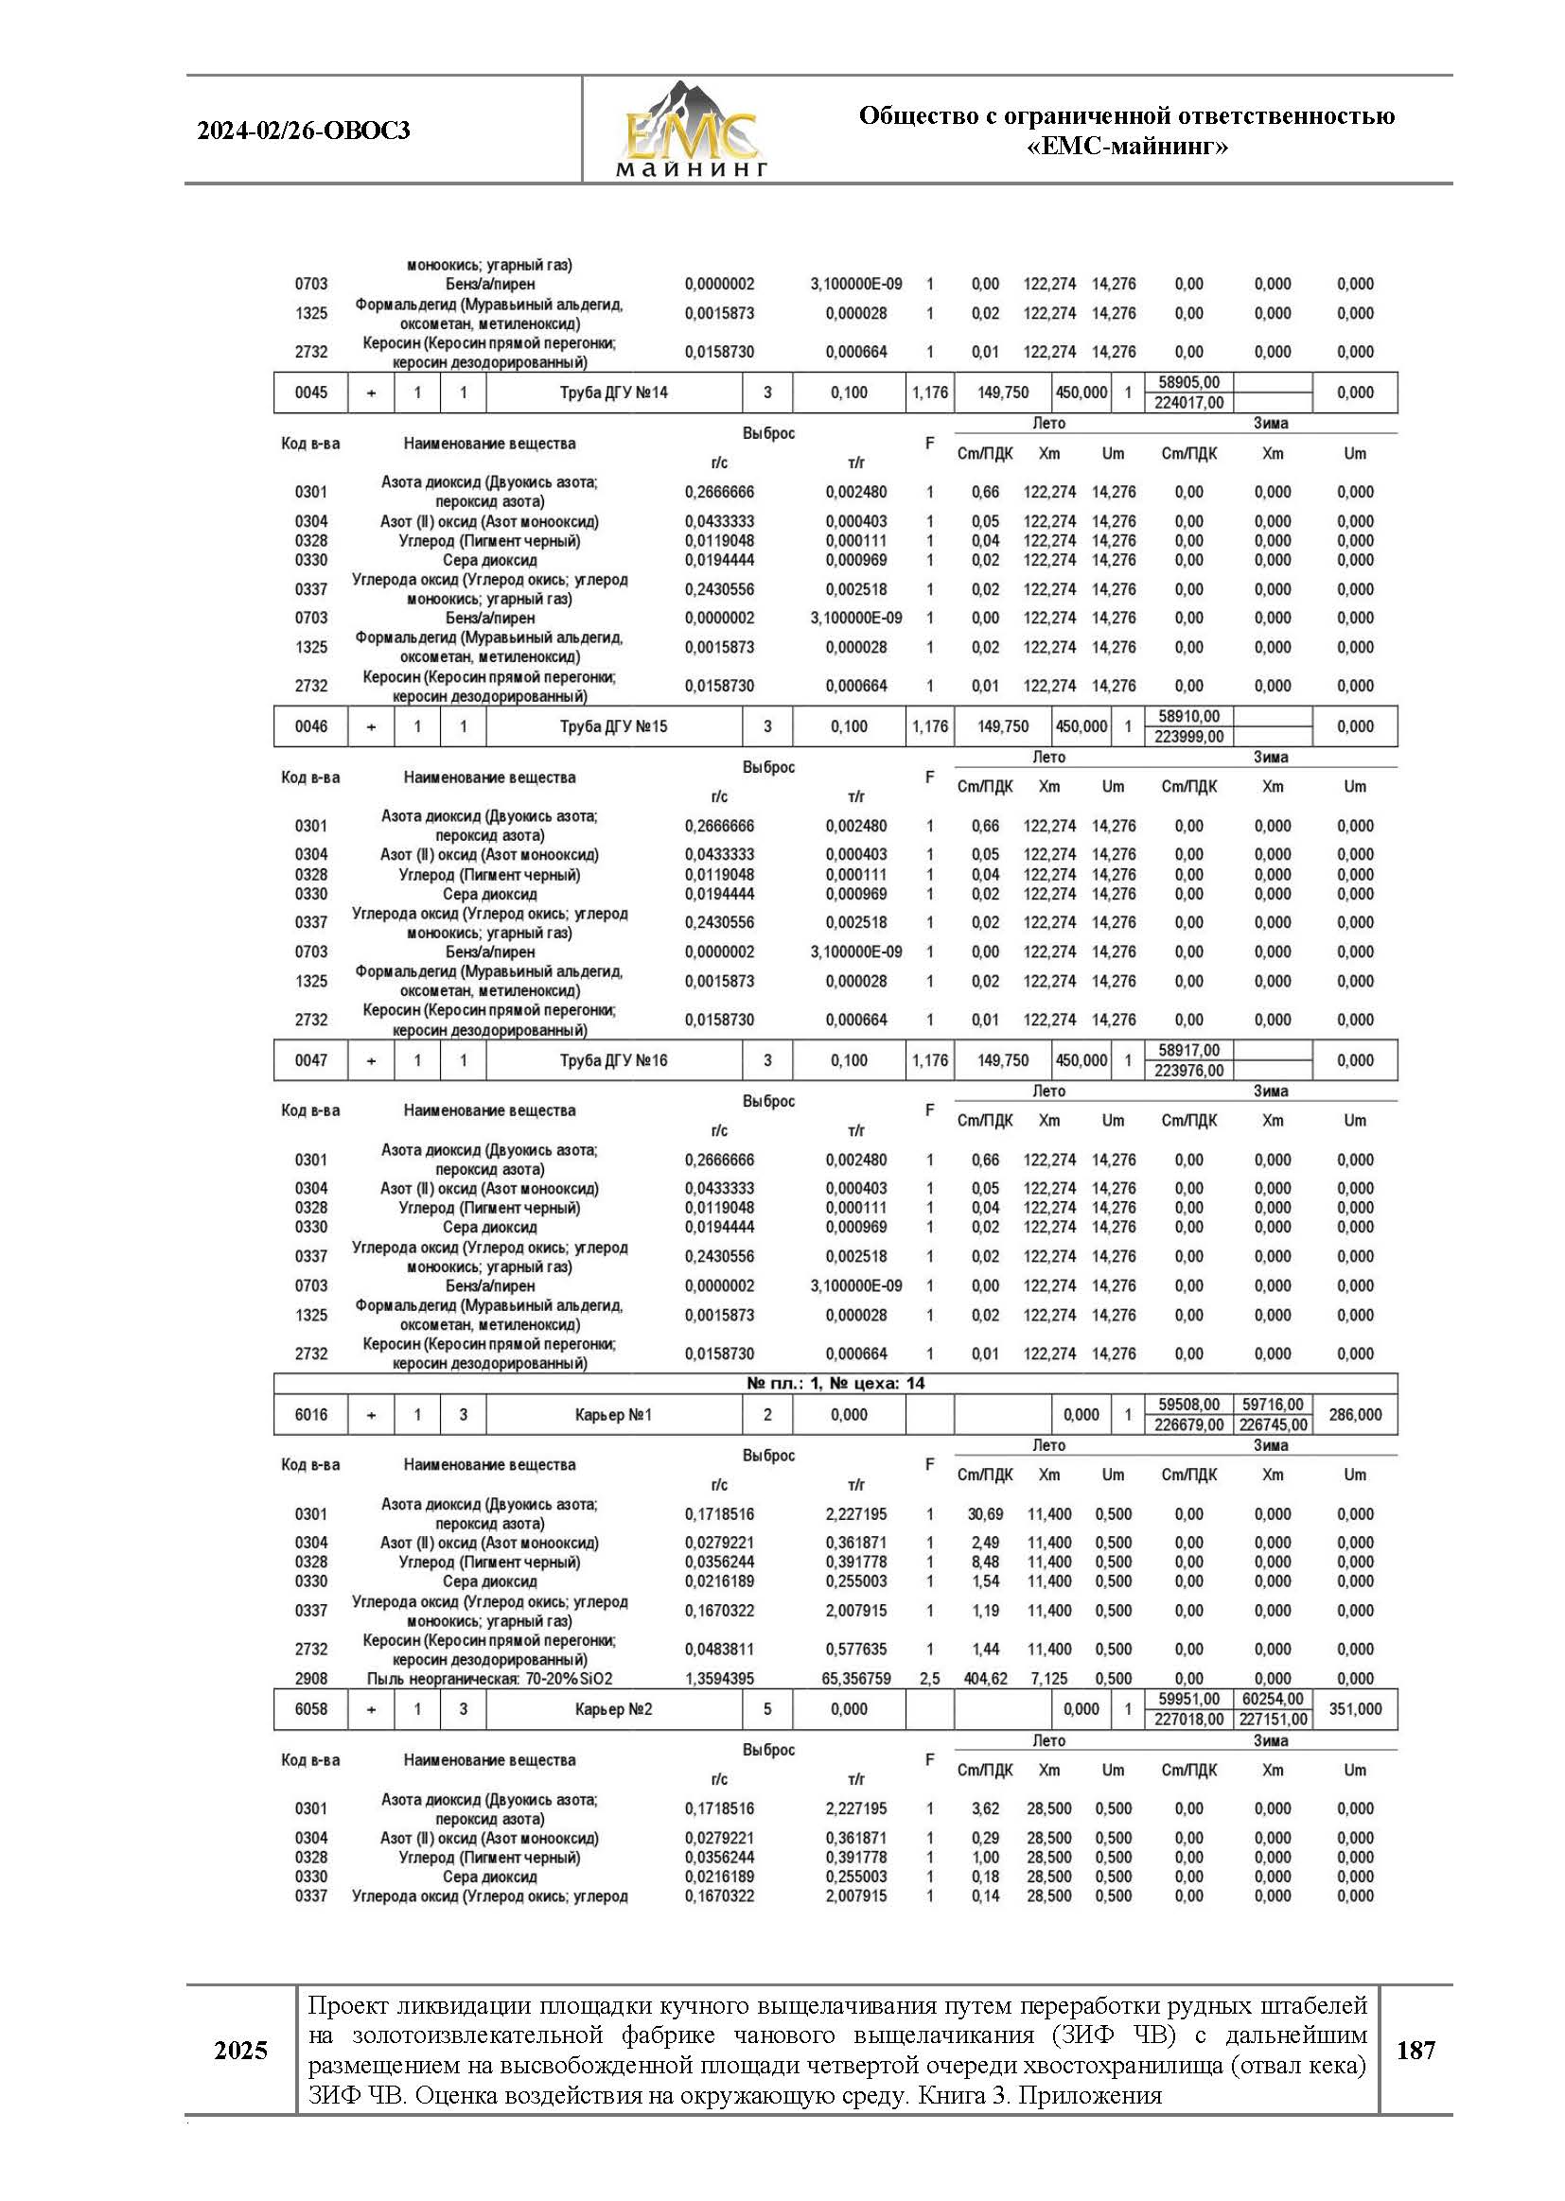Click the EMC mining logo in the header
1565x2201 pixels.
pos(691,131)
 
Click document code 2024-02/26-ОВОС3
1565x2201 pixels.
pos(304,131)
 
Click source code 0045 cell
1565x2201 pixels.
pos(311,393)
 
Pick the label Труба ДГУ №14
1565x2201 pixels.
pos(614,393)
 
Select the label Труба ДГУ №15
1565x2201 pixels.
pos(614,727)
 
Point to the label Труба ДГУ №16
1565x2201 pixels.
pos(614,1060)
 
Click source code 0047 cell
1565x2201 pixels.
pos(311,1060)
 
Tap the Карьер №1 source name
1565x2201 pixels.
pos(614,1415)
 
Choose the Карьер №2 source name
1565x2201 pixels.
pos(614,1709)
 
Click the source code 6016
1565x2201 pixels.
pos(311,1415)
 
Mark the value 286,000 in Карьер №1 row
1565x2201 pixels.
pos(1355,1415)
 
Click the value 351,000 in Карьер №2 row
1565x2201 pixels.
pos(1355,1709)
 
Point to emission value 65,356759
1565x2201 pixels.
pos(855,1679)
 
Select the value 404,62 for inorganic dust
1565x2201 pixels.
pos(985,1679)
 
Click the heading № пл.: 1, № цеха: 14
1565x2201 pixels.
pos(835,1383)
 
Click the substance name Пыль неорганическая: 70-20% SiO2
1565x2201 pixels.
pos(489,1679)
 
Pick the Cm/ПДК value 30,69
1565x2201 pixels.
pos(985,1514)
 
